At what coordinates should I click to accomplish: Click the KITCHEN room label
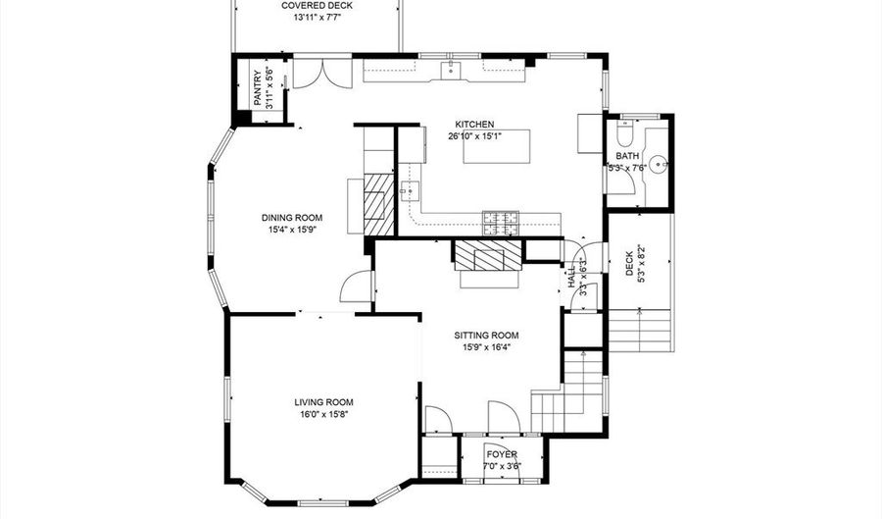click(474, 125)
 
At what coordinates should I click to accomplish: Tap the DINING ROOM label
click(292, 218)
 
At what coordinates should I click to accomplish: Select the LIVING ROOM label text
click(324, 402)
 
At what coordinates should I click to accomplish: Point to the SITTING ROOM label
click(486, 336)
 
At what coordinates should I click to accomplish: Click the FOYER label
click(502, 454)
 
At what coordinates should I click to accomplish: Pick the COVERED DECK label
click(318, 6)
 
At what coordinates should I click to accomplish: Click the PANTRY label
click(258, 88)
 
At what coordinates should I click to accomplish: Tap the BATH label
click(627, 156)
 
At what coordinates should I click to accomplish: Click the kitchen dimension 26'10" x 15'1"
click(474, 135)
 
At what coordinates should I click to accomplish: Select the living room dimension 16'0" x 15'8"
click(324, 415)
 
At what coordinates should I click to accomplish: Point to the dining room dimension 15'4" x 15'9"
click(292, 230)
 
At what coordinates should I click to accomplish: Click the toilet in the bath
click(625, 131)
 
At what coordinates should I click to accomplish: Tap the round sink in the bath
click(658, 165)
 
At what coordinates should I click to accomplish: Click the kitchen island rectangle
click(497, 146)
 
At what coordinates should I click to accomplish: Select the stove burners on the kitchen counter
click(501, 223)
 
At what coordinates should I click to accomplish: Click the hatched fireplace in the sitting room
click(488, 255)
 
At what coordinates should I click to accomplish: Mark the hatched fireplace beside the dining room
click(379, 204)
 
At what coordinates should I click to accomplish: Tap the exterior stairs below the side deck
click(641, 331)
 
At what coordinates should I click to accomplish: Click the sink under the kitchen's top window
click(451, 70)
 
